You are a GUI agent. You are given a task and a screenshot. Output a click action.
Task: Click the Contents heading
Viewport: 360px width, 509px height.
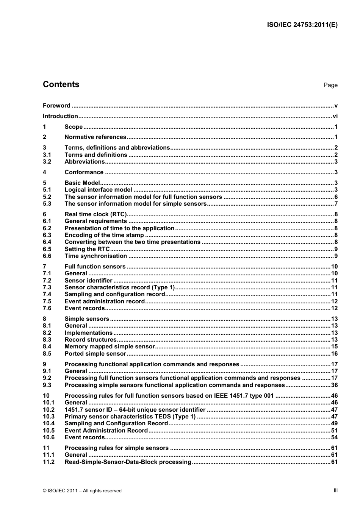click(x=61, y=84)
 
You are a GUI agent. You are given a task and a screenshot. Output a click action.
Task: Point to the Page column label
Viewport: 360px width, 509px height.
click(x=330, y=85)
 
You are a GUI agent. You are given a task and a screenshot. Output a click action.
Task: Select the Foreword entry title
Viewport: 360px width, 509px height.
click(x=56, y=106)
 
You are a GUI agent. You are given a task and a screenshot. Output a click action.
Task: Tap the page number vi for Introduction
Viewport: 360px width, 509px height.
click(x=335, y=116)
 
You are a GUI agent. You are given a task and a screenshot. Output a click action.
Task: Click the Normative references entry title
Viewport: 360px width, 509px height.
click(x=95, y=137)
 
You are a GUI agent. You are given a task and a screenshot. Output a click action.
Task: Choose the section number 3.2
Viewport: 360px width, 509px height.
click(x=47, y=162)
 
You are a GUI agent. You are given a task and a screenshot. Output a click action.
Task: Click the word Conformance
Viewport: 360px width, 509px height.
click(x=84, y=172)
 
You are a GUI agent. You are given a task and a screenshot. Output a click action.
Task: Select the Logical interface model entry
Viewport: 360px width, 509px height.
click(x=98, y=190)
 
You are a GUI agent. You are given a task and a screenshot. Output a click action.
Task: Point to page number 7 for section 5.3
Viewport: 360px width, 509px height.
click(x=336, y=204)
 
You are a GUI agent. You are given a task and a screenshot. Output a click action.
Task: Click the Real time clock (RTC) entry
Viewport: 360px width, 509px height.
click(x=95, y=214)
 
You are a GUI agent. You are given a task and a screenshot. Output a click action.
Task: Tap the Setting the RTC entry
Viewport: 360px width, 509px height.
click(x=87, y=249)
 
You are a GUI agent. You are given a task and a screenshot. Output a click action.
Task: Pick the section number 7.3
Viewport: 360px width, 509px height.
click(x=47, y=287)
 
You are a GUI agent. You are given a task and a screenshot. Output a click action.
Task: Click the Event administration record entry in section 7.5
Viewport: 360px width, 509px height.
click(x=105, y=301)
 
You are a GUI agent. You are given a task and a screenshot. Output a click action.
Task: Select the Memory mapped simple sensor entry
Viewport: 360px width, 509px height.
click(x=110, y=347)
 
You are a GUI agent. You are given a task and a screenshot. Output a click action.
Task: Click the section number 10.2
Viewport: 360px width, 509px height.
click(x=49, y=410)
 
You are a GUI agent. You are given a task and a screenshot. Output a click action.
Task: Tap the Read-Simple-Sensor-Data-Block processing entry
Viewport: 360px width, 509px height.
click(x=128, y=462)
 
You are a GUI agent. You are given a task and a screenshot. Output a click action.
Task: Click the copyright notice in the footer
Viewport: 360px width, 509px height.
click(x=82, y=491)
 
